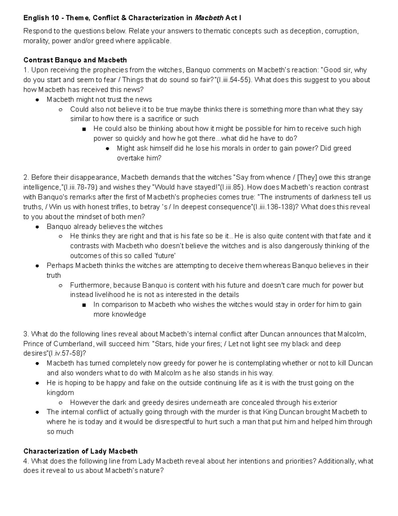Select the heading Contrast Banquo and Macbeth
[x=75, y=60]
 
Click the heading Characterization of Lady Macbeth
[x=80, y=451]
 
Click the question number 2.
[x=26, y=177]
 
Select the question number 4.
[x=26, y=461]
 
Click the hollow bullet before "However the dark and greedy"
[x=60, y=403]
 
